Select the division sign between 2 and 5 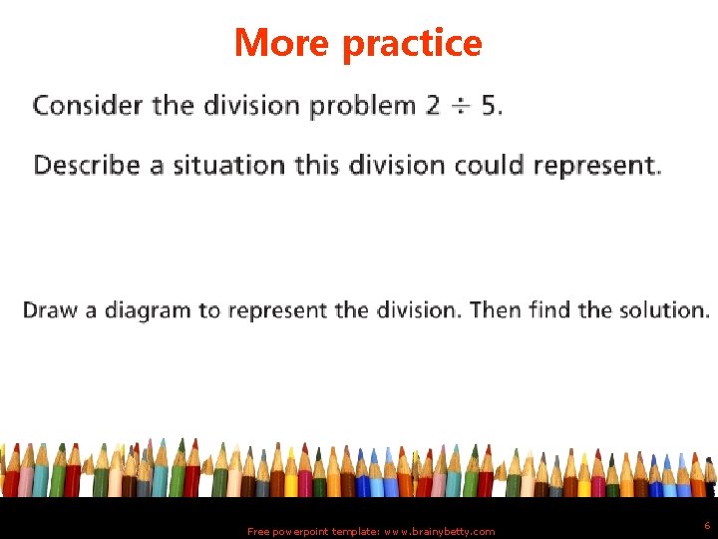tap(460, 106)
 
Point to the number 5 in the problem tap(489, 105)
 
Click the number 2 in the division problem tap(432, 105)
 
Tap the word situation tap(230, 165)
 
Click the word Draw tap(50, 310)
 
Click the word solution tap(668, 310)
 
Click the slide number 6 tap(707, 525)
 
